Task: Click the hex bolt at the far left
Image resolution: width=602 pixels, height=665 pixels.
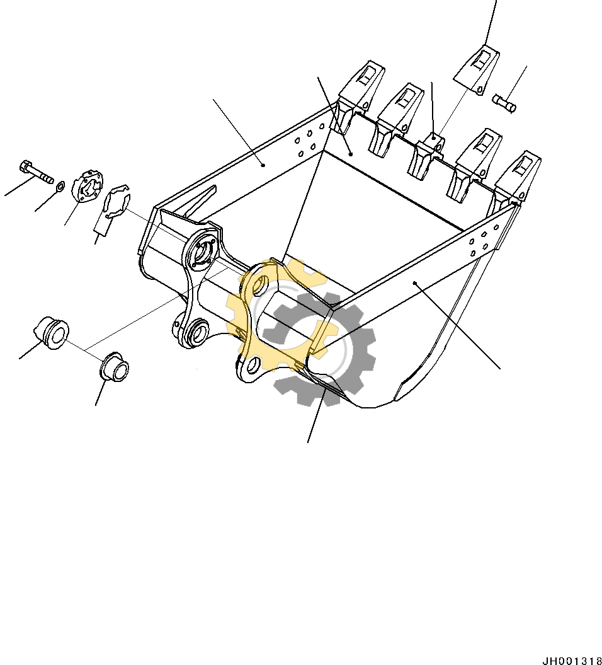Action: point(35,171)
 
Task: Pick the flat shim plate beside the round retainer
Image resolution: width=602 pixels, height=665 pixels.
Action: point(115,203)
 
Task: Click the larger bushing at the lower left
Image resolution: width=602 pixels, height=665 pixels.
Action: point(52,332)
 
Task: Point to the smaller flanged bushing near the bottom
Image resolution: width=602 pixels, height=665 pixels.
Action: point(115,367)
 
